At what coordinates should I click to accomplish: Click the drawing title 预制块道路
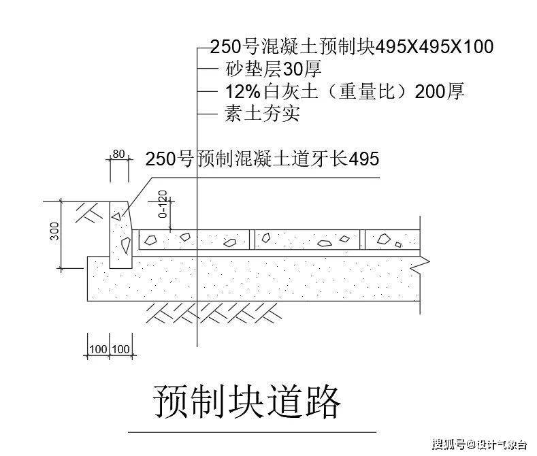(246, 402)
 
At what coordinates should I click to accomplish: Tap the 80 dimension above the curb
(118, 154)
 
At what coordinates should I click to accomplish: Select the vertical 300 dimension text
(54, 231)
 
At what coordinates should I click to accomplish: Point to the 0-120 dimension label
(163, 204)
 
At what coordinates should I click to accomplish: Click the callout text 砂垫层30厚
(274, 69)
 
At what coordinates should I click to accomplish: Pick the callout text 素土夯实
(262, 113)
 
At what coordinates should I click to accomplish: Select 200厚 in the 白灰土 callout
(440, 91)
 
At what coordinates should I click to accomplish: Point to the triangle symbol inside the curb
(116, 216)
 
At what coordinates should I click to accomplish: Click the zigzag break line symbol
(422, 265)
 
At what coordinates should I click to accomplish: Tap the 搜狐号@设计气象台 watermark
(479, 444)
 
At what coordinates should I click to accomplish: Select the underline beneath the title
(252, 432)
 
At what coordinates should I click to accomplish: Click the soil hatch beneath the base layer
(213, 313)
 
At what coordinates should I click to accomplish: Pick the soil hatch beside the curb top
(89, 213)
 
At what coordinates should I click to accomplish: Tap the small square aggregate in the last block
(398, 244)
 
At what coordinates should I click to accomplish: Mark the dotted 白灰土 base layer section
(253, 278)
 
